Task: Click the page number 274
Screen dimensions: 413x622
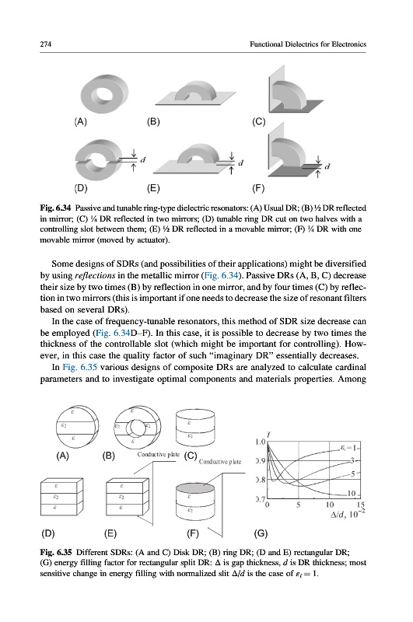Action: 46,44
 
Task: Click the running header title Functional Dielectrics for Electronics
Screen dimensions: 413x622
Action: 308,44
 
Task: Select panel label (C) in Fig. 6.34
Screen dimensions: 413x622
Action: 259,121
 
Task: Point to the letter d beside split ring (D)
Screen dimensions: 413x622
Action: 143,160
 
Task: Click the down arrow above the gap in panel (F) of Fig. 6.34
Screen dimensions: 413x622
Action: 318,159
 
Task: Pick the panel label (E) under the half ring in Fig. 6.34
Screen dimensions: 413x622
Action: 153,188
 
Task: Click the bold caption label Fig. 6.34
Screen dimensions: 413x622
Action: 55,208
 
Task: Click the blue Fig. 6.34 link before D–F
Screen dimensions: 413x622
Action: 113,333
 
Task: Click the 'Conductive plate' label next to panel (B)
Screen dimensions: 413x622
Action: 159,454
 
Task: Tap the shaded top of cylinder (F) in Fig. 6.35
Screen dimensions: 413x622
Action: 194,487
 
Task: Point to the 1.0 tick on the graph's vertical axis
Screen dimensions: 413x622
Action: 261,442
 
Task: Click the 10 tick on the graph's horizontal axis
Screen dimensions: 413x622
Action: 329,505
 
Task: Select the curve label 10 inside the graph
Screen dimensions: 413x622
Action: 352,494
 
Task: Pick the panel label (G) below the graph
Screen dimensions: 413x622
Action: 261,533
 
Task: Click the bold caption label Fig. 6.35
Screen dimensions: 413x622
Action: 56,552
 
